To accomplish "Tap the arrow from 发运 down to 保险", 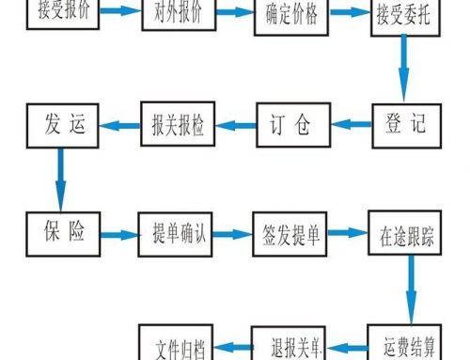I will [x=59, y=179].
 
